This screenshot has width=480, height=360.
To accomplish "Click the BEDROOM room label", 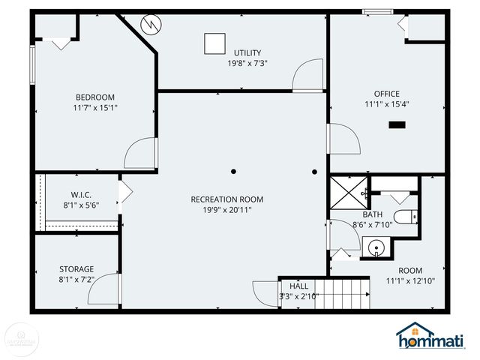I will [94, 97].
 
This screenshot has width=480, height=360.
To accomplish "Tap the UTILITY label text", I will [247, 52].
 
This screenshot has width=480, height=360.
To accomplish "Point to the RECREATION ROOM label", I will [226, 199].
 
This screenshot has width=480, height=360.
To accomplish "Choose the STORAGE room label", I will [76, 269].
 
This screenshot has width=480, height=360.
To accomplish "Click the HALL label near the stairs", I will [298, 286].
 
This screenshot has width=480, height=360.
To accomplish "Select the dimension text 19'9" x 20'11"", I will [226, 210].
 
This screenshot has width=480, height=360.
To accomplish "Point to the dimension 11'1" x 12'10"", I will [409, 281].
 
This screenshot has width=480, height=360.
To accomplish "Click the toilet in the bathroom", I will [406, 219].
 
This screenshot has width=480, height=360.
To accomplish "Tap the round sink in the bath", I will [373, 248].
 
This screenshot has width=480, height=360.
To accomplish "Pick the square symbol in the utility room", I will [214, 43].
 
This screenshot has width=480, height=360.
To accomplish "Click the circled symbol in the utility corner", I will [152, 25].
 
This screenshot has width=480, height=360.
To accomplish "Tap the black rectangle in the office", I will [395, 124].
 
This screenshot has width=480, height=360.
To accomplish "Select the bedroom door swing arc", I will [139, 154].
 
